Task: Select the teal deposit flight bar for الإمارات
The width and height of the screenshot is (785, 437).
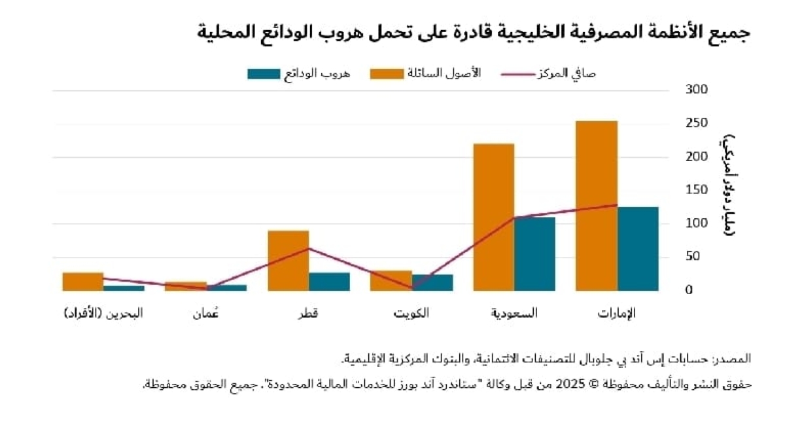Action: pyautogui.click(x=638, y=248)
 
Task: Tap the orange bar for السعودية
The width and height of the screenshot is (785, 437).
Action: pyautogui.click(x=493, y=216)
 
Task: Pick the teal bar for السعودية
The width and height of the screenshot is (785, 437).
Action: pyautogui.click(x=534, y=253)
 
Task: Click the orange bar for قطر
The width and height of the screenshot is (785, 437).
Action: pyautogui.click(x=288, y=260)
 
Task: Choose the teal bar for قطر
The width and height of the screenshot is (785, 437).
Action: pyautogui.click(x=329, y=281)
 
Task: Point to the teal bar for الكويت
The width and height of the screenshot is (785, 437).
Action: pyautogui.click(x=432, y=282)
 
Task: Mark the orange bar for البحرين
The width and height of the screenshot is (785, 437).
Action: pyautogui.click(x=82, y=281)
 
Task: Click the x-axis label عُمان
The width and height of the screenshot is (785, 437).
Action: pyautogui.click(x=205, y=313)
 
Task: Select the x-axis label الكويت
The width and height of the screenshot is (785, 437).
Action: pyautogui.click(x=411, y=313)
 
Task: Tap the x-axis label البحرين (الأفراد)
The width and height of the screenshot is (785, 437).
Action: pyautogui.click(x=103, y=313)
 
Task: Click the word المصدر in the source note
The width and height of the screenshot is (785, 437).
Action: pyautogui.click(x=734, y=359)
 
